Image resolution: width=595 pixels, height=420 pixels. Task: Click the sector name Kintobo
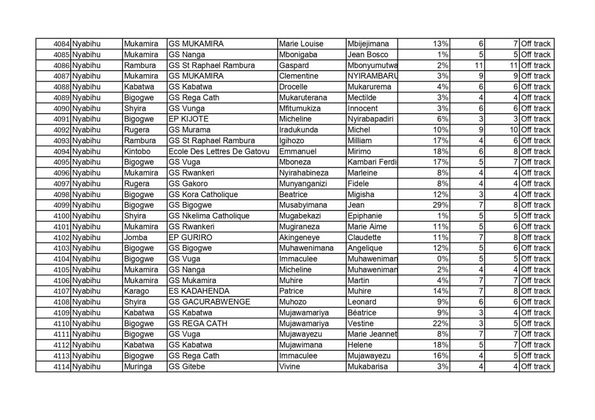click(138, 151)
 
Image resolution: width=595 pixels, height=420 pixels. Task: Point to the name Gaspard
click(293, 65)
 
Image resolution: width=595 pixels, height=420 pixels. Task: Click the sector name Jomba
click(135, 237)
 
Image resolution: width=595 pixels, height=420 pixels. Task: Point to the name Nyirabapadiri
click(371, 119)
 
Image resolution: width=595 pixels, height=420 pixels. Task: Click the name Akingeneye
click(301, 237)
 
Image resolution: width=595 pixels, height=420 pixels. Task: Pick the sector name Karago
click(137, 291)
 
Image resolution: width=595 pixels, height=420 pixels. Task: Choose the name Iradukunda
click(299, 129)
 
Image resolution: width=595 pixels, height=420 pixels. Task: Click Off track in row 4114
click(535, 367)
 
